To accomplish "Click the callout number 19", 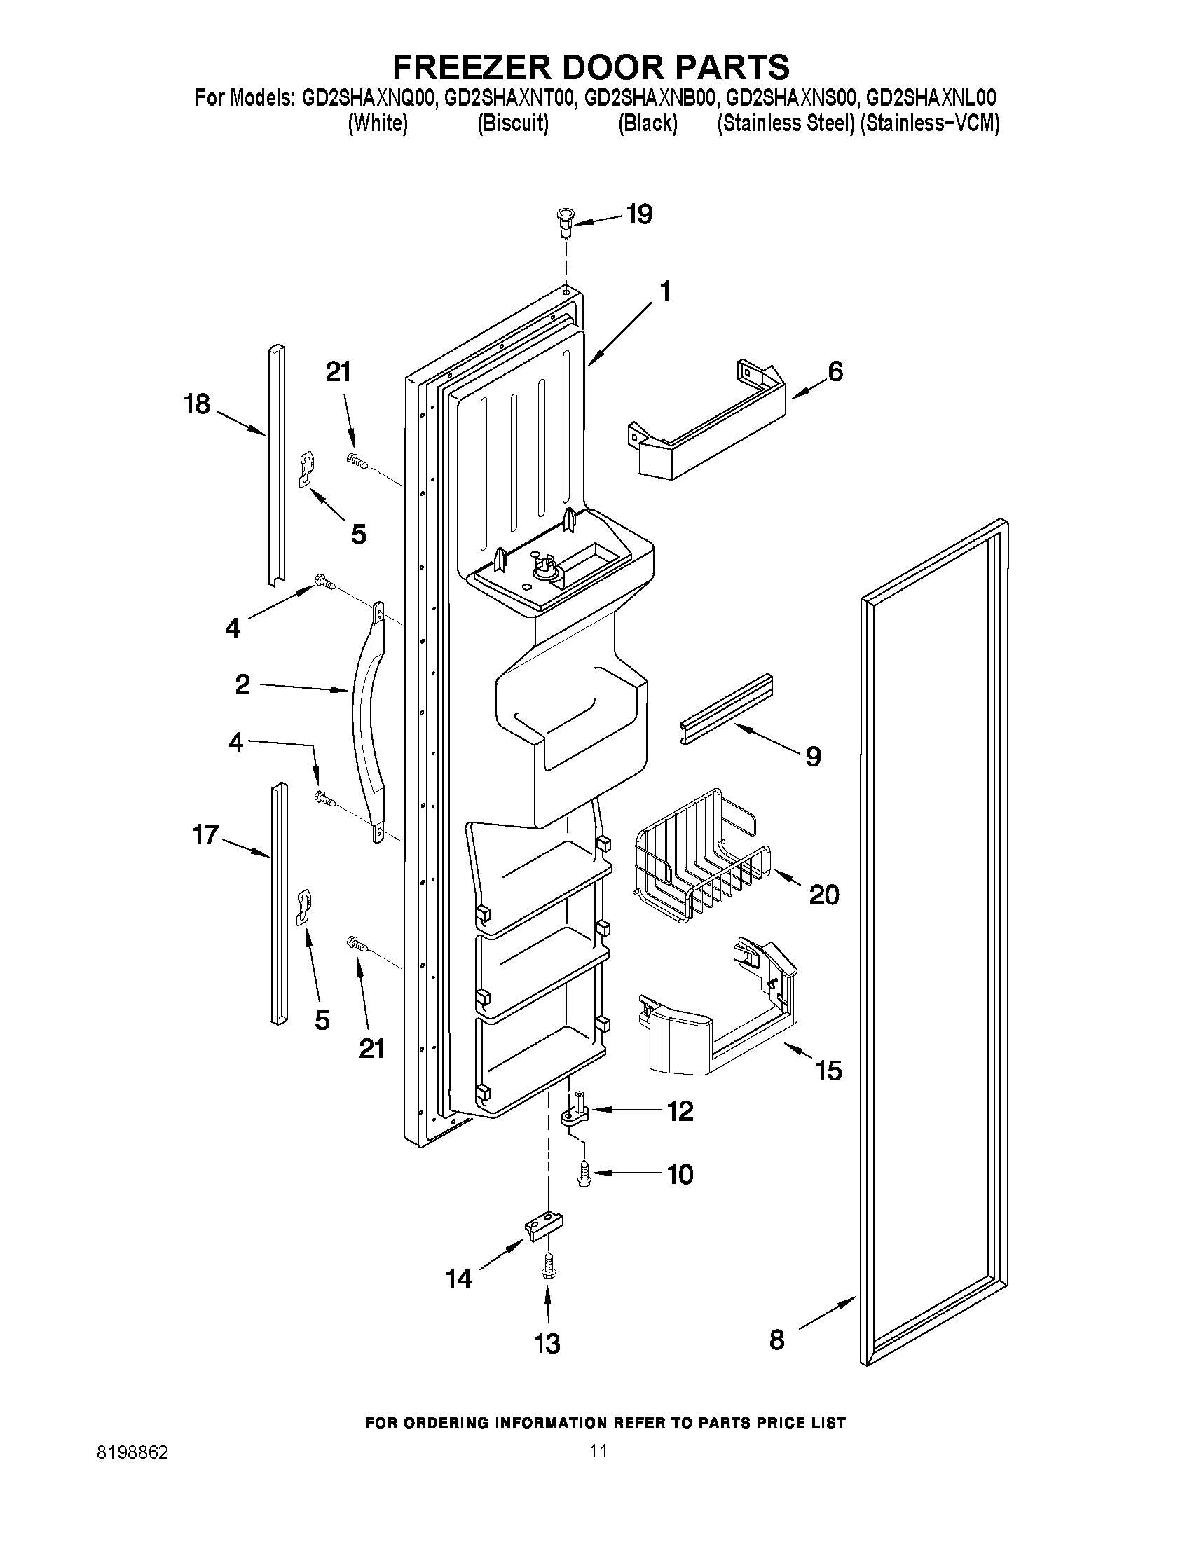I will tap(640, 214).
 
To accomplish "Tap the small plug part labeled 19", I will tap(566, 219).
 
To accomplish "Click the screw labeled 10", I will tap(583, 1174).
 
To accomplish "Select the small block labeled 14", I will tap(544, 1227).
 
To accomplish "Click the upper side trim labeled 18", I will tap(276, 466).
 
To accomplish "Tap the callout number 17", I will tap(206, 835).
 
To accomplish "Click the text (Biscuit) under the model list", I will tap(513, 124).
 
